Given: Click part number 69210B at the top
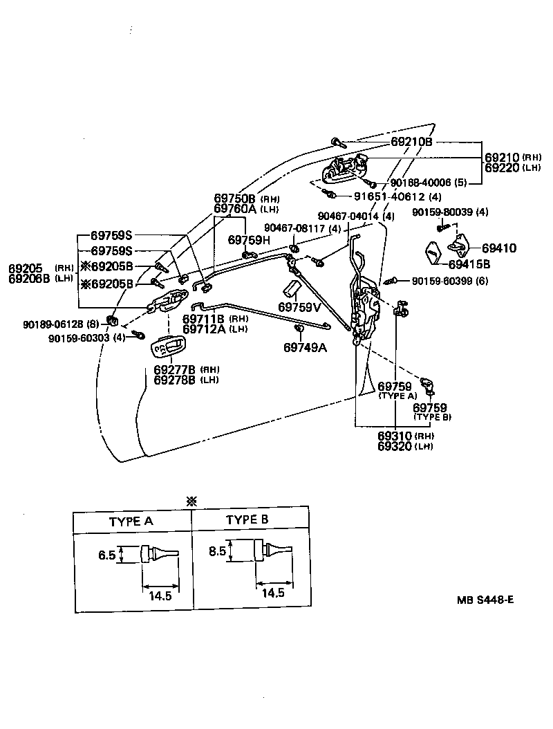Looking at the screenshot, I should pos(411,142).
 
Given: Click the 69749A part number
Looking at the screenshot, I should pos(304,347).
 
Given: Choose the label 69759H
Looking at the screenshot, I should pos(250,240).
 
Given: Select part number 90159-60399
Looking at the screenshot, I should pos(449,281).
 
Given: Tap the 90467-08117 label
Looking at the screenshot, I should pos(293,228).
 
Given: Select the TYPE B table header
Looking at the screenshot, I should pos(247,519).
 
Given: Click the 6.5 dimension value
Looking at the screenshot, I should pos(106,555).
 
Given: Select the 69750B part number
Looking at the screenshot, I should pos(235,199).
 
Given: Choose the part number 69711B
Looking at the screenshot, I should pos(203,319).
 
